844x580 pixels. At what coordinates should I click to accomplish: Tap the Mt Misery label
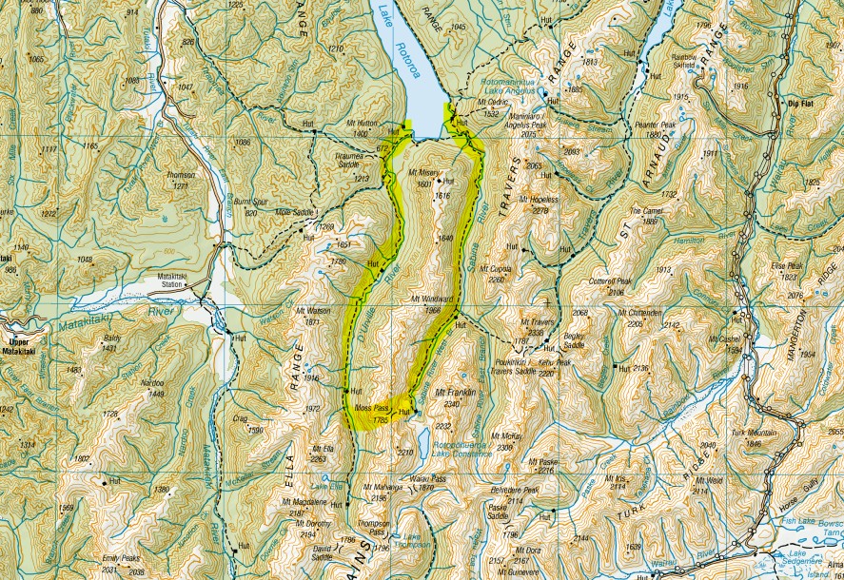click(x=425, y=173)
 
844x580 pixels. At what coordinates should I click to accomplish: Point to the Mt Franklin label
click(x=454, y=391)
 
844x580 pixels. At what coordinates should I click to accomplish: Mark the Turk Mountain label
click(x=749, y=433)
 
